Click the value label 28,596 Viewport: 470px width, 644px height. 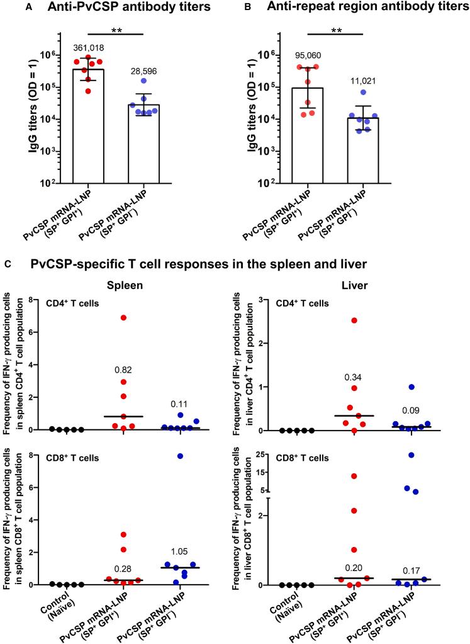144,72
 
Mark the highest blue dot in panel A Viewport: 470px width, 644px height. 144,81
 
